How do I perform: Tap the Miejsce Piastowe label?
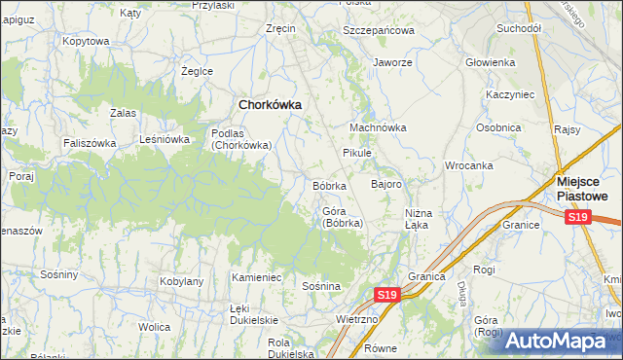582,188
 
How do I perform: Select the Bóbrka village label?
330,185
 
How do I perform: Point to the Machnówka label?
378,127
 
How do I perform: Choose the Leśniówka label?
164,139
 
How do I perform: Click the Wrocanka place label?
469,165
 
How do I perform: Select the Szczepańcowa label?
379,30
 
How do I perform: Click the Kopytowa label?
86,42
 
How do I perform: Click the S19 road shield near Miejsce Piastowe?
578,217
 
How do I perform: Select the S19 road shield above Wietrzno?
387,294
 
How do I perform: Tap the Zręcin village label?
280,29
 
